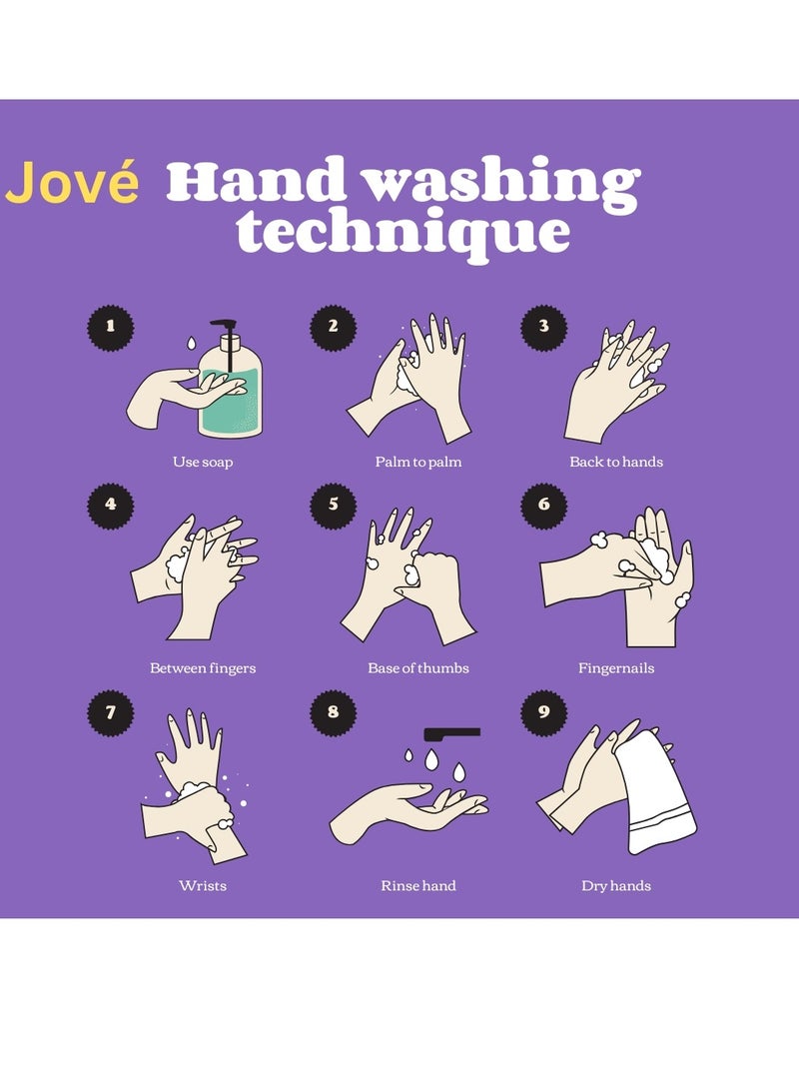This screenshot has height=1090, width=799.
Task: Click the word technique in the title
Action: click(402, 232)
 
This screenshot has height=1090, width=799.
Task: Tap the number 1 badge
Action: click(111, 326)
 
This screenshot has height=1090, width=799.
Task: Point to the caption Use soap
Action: click(203, 463)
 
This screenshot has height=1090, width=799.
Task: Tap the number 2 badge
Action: click(333, 326)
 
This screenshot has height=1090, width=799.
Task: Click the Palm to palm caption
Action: click(418, 463)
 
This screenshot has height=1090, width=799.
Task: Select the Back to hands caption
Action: click(616, 463)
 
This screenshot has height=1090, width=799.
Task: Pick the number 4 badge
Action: click(111, 505)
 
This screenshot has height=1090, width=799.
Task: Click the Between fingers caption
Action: click(203, 668)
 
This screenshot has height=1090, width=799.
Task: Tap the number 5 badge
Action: click(333, 505)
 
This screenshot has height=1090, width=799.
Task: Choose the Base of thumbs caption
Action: click(418, 668)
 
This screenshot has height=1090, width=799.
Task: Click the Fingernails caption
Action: click(616, 668)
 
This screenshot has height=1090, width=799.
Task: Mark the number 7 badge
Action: click(111, 713)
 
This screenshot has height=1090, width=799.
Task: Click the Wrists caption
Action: click(203, 886)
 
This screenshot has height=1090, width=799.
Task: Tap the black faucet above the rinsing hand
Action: click(451, 733)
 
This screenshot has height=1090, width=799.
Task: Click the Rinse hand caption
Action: click(418, 886)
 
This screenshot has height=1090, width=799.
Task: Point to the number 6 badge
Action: click(544, 505)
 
